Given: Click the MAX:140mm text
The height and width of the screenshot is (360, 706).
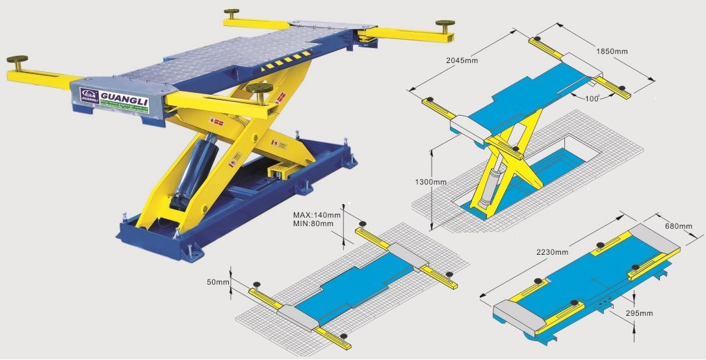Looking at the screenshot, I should pos(317,214).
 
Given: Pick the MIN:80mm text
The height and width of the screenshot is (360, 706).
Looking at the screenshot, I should pos(313,224).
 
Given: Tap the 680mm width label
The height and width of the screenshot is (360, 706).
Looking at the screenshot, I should pos(678,225).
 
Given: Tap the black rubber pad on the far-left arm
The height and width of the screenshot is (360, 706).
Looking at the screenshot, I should pos(17,60).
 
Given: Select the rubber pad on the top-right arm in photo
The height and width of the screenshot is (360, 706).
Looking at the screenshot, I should pos(445,24).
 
